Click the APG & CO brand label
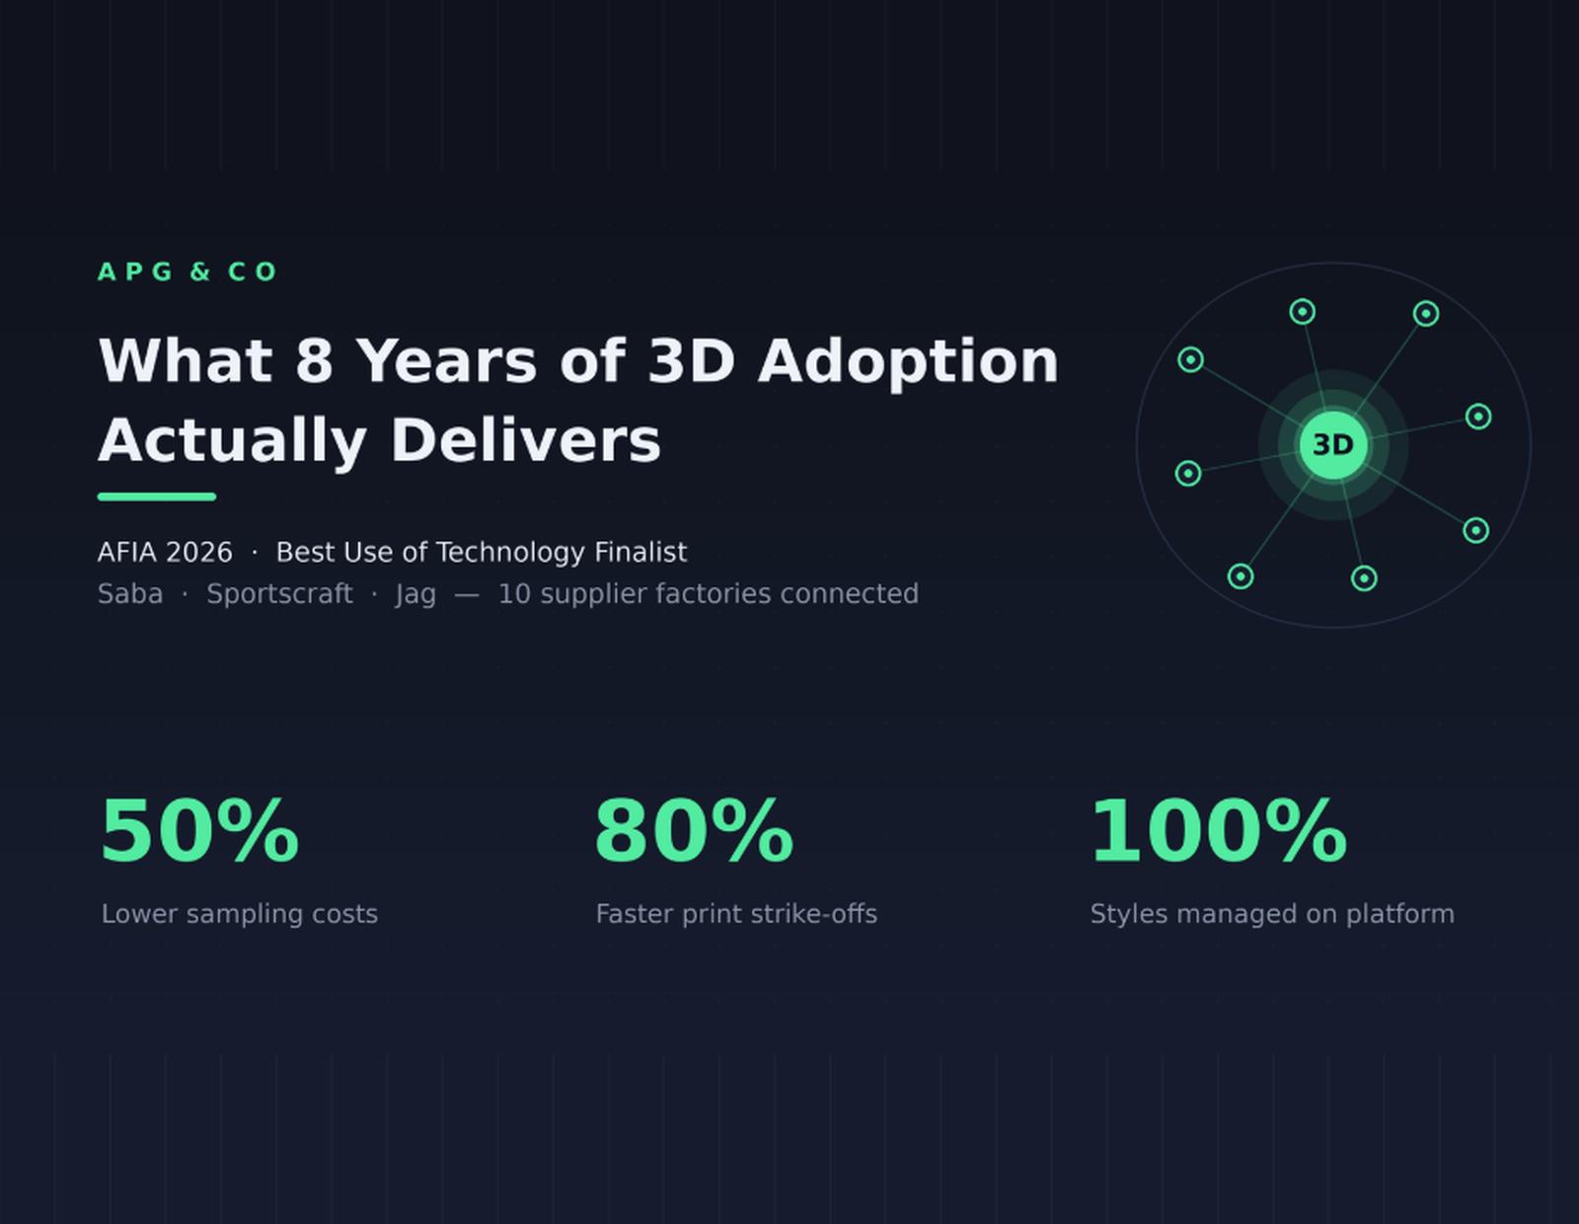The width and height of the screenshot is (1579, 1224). [188, 271]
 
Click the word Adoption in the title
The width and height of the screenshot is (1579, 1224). [908, 363]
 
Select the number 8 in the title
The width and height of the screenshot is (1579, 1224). [314, 361]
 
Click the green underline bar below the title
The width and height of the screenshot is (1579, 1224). [157, 497]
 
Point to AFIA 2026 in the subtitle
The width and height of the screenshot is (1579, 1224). [165, 553]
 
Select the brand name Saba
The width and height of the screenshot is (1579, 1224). [130, 594]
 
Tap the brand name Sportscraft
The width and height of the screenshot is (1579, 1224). [279, 594]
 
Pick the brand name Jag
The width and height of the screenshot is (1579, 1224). [415, 595]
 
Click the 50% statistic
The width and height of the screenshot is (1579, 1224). [199, 831]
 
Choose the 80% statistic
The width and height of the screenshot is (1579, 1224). [694, 831]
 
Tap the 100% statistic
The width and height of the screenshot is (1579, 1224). [1219, 831]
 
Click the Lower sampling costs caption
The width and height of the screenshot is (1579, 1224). [240, 914]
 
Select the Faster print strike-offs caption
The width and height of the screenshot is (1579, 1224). [736, 914]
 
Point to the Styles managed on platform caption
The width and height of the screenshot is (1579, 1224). [1272, 914]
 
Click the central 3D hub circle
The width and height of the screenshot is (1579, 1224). [1333, 445]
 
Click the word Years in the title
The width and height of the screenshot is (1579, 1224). [448, 361]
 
